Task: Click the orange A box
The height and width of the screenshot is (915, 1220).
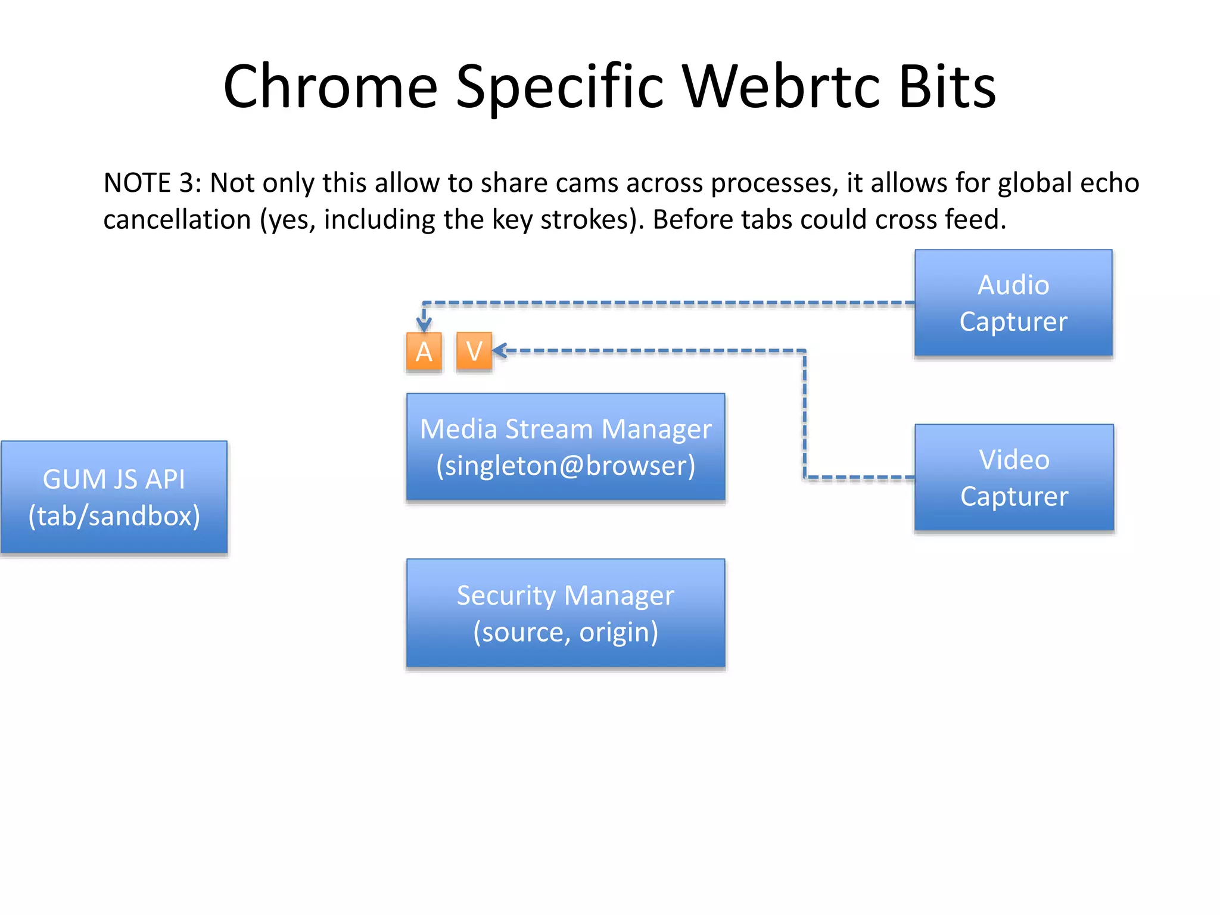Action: pos(424,352)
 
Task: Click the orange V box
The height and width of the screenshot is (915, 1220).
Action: pos(474,351)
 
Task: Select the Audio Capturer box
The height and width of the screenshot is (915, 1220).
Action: pos(1013,303)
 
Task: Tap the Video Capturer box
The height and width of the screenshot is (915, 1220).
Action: pos(1014,477)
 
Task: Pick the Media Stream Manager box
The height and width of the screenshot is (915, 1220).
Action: pos(565,447)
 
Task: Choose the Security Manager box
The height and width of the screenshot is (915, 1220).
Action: pos(565,612)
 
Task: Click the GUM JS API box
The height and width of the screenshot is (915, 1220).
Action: pos(114,497)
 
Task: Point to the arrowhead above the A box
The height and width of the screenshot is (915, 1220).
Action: pos(424,325)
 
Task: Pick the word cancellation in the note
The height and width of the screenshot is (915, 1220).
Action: pos(177,220)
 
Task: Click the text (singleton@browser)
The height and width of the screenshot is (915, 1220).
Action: pos(565,465)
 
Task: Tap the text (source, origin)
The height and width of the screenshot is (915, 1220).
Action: pos(565,631)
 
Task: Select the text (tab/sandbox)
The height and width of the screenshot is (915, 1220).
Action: pos(114,516)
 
